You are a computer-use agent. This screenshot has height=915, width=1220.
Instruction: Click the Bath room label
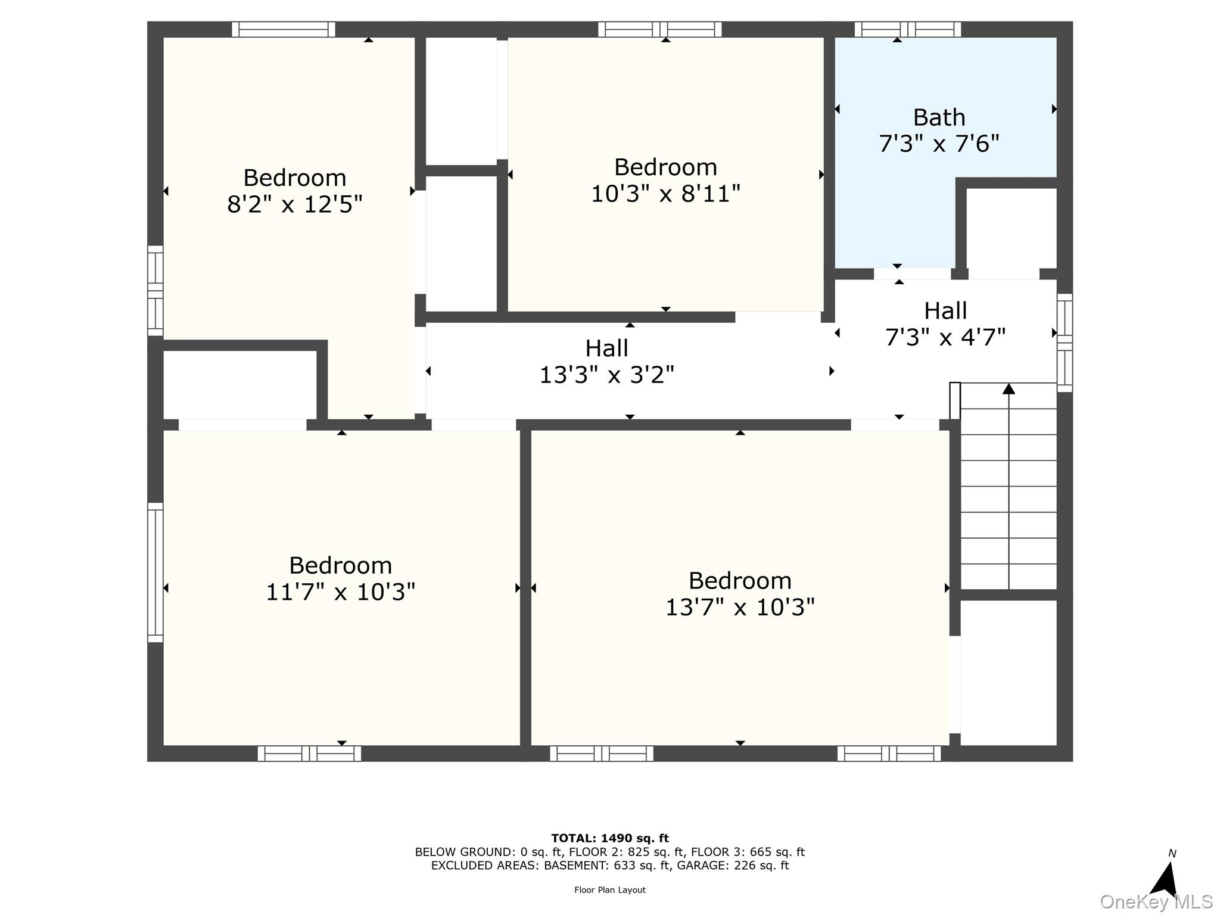(939, 117)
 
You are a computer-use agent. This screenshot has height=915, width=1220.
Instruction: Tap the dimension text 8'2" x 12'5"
(294, 204)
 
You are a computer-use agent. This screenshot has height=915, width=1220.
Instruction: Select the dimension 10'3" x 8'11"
(665, 194)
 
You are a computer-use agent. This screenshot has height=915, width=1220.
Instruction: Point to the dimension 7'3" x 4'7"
(945, 337)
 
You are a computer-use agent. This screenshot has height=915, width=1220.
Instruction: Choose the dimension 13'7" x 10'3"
(739, 607)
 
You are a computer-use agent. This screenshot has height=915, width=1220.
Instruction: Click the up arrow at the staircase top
(1008, 390)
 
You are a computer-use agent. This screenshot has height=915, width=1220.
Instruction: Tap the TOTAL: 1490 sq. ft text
(609, 838)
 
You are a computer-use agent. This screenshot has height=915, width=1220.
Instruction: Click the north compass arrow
(1165, 879)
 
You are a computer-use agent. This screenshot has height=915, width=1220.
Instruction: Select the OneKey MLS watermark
(1156, 902)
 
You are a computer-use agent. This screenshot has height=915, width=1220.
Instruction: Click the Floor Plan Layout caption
(609, 890)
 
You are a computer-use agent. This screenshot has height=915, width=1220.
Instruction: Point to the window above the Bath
(907, 29)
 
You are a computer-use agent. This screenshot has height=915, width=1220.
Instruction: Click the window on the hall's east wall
(1064, 343)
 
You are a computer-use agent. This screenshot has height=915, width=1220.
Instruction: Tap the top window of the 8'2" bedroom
(283, 29)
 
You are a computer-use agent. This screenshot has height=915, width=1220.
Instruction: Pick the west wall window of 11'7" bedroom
(155, 572)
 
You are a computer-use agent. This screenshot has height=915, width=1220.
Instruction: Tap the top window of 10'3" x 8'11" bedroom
(659, 29)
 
